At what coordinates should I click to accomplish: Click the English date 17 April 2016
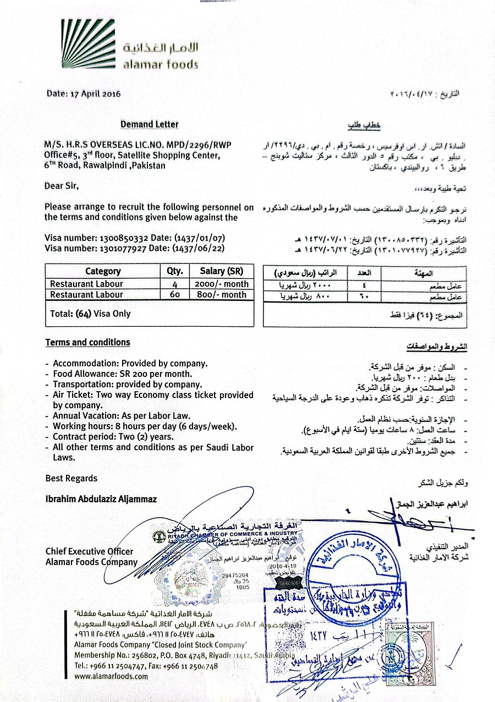pyautogui.click(x=84, y=94)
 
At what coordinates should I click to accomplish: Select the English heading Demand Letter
pyautogui.click(x=150, y=124)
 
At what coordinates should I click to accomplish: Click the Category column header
pyautogui.click(x=103, y=271)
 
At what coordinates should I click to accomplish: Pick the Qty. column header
pyautogui.click(x=174, y=271)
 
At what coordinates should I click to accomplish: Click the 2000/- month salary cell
pyautogui.click(x=221, y=284)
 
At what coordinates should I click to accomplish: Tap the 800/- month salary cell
pyautogui.click(x=221, y=294)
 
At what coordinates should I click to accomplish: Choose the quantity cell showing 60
pyautogui.click(x=174, y=294)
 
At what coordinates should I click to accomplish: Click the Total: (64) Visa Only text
pyautogui.click(x=90, y=314)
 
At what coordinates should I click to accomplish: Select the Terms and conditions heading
pyautogui.click(x=87, y=342)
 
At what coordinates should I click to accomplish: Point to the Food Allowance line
pyautogui.click(x=123, y=374)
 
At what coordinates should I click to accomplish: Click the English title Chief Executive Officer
pyautogui.click(x=89, y=551)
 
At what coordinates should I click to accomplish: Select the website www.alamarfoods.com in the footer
pyautogui.click(x=112, y=676)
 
